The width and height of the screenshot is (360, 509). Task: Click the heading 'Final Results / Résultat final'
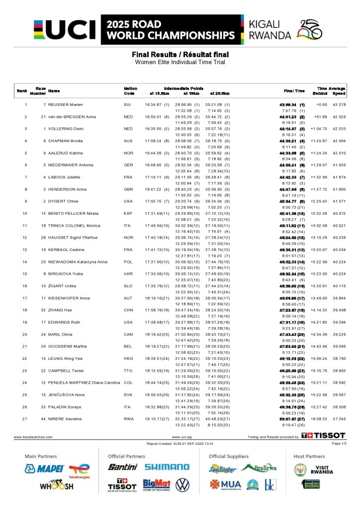pos(180,54)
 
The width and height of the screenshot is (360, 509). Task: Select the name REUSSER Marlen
pos(66,105)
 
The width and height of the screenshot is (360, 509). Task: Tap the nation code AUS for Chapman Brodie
pos(128,141)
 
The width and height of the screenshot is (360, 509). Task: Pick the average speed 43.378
pos(339,105)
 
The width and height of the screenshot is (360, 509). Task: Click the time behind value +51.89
pos(319,117)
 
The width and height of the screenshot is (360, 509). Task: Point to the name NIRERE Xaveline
pos(65,419)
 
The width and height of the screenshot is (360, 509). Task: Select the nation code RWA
pos(128,419)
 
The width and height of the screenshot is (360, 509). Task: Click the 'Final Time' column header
pos(294,91)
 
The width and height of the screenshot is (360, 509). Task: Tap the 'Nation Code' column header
pos(130,90)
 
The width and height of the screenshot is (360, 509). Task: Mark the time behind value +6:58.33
pos(319,419)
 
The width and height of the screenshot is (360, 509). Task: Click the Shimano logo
pos(167,467)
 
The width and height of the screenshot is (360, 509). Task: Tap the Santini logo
pos(122,467)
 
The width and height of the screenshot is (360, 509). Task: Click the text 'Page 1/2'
pos(338,443)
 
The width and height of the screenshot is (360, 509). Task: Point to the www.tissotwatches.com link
pos(33,437)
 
